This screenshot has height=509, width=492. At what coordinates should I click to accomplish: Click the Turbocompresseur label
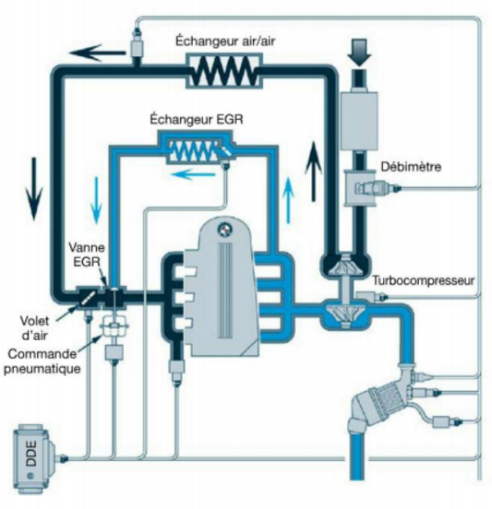[x=424, y=277]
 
